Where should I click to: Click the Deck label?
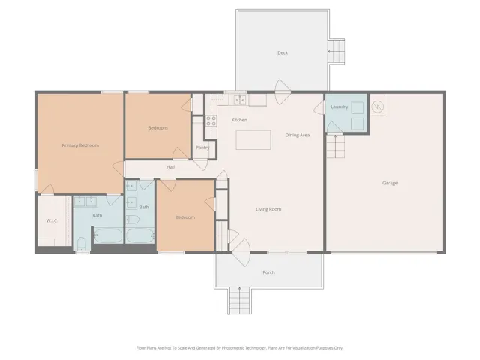point(283,53)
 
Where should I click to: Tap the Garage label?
point(390,183)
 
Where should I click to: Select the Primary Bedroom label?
point(80,145)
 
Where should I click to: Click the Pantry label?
point(202,148)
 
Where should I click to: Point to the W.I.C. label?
point(52,220)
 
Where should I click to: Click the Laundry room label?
point(340,106)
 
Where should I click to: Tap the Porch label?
point(268,272)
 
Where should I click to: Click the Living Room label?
point(268,209)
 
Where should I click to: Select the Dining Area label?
point(298,135)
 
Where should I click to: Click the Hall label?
point(170,167)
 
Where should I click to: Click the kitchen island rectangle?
point(253,140)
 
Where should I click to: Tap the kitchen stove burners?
point(211,121)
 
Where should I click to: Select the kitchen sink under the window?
point(240,100)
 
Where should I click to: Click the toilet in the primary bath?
point(82,244)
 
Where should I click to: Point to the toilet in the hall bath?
point(133,220)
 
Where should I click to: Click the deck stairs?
point(336,52)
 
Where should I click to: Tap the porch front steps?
point(240,301)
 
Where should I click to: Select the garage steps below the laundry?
point(335,147)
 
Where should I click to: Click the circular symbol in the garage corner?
point(377,106)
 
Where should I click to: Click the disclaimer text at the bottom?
point(240,348)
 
